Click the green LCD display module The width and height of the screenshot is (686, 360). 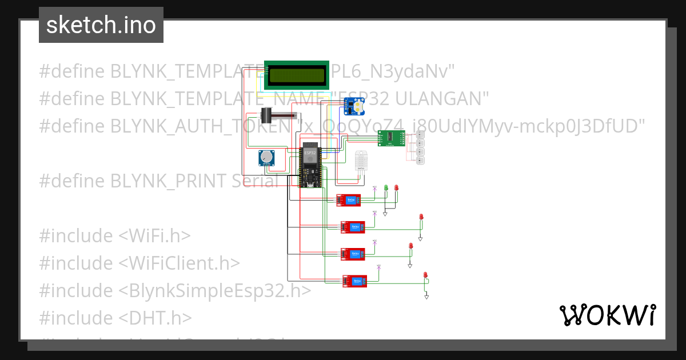point(297,75)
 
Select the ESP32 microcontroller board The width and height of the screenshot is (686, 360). point(310,167)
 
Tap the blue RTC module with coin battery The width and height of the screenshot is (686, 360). point(354,106)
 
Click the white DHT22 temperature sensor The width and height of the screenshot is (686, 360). point(361,161)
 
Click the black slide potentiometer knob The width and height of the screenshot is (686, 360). point(266,115)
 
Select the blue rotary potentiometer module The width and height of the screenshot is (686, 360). point(266,158)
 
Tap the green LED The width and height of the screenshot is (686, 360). point(386,187)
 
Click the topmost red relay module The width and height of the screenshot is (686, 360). point(348,199)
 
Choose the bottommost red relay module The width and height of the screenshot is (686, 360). point(354,280)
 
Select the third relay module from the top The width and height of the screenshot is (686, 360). point(353,254)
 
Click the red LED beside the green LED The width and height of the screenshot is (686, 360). point(396,187)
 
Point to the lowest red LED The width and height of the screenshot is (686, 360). point(425,275)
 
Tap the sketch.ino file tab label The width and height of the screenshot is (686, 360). point(101,25)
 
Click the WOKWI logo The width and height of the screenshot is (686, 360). point(607,315)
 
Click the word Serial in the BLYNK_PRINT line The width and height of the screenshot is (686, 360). point(255,181)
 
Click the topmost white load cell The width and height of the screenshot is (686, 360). point(420,134)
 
